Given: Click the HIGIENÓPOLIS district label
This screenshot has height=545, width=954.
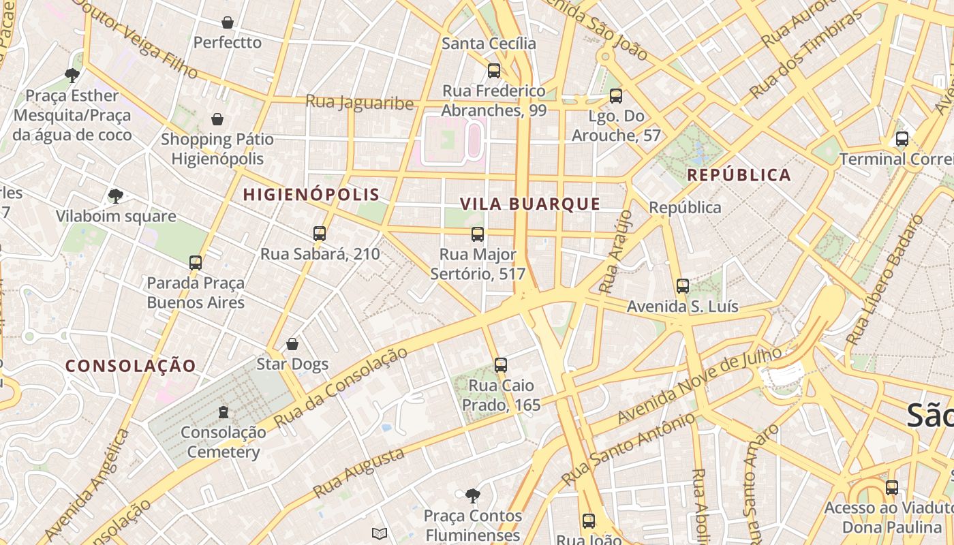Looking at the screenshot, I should click(311, 195).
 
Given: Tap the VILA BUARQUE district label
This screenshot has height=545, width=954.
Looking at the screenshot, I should click(530, 204).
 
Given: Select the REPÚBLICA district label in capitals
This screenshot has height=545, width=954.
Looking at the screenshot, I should click(739, 175).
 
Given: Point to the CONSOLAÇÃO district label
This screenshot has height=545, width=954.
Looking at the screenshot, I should click(131, 366).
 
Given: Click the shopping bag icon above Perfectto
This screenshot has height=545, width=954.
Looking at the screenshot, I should click(228, 22).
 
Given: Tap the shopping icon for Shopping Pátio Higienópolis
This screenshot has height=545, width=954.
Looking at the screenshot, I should click(217, 119).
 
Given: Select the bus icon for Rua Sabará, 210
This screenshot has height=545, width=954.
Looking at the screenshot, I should click(320, 234).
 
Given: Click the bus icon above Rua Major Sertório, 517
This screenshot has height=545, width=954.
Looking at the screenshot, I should click(478, 234).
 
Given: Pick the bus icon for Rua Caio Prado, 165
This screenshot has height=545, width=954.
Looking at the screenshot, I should click(501, 365).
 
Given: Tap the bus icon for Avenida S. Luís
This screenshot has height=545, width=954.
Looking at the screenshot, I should click(683, 286).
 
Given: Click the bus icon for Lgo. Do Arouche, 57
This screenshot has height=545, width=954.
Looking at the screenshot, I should click(616, 96).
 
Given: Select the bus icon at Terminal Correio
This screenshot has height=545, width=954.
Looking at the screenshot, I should click(902, 139).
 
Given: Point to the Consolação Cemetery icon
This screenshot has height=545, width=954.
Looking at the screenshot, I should click(223, 411).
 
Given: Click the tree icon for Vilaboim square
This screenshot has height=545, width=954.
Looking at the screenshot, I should click(116, 196).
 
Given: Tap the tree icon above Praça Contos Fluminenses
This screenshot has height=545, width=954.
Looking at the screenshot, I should click(472, 495).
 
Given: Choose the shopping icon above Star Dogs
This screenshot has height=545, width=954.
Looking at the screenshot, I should click(292, 344).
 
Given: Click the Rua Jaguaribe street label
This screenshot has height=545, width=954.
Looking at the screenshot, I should click(359, 102).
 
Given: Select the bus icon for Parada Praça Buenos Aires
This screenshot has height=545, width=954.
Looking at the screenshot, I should click(196, 262).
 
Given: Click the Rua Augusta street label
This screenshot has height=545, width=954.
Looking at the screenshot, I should click(358, 473).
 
